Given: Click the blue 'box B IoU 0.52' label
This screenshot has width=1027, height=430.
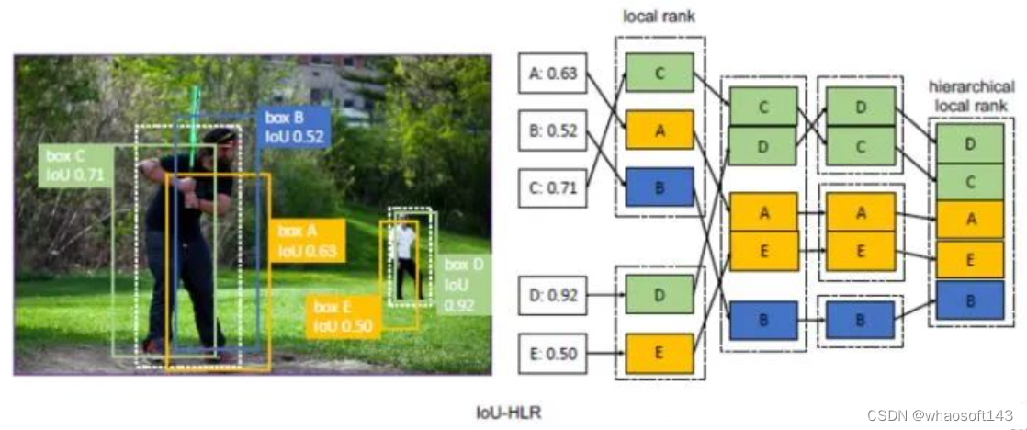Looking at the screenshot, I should [x=296, y=127].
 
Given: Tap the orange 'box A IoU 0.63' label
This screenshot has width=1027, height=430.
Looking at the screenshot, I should [x=308, y=240].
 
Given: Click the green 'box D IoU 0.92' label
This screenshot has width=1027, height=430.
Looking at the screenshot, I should [x=464, y=282].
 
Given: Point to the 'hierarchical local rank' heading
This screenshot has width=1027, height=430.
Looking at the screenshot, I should [x=971, y=96].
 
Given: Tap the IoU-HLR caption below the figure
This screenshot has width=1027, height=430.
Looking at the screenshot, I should [x=510, y=412].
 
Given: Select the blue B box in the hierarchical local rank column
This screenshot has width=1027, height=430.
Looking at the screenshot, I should [x=970, y=300].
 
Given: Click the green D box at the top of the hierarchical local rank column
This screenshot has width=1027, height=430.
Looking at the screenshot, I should [x=970, y=143].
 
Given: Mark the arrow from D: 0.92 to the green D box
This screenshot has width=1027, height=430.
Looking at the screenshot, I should [x=605, y=296].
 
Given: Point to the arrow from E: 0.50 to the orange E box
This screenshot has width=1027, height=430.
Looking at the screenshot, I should [x=605, y=352].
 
